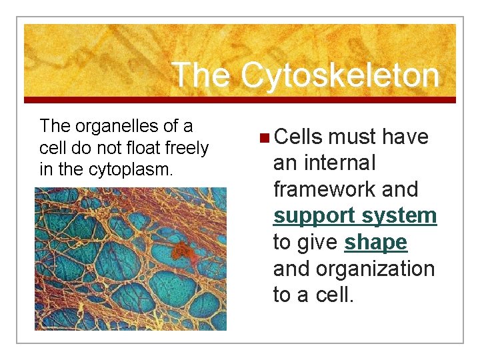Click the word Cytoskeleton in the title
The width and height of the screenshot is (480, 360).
tap(340, 75)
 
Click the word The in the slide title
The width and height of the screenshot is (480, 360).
tap(201, 75)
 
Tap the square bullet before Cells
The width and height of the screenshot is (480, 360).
tap(264, 137)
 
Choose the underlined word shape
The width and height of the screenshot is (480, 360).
tap(375, 243)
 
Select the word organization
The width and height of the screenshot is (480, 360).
tap(375, 269)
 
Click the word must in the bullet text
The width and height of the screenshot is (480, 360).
tap(351, 137)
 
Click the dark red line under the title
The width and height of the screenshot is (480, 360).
tap(240, 100)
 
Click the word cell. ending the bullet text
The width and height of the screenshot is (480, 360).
tap(333, 295)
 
